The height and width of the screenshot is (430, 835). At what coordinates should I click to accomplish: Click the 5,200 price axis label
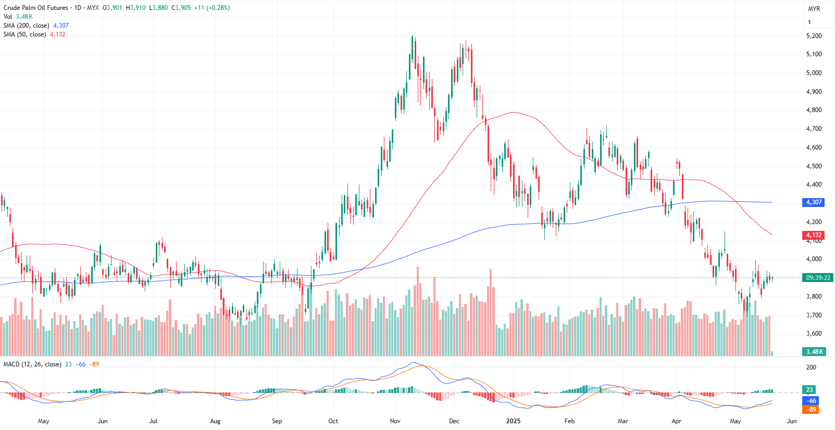(x=814, y=36)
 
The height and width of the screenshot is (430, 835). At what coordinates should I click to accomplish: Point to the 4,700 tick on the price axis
(x=814, y=129)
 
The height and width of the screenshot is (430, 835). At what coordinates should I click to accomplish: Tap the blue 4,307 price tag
(x=814, y=202)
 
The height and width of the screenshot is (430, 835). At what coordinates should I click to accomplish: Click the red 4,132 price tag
(x=814, y=235)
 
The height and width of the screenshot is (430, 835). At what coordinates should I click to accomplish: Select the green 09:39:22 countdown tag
(x=818, y=278)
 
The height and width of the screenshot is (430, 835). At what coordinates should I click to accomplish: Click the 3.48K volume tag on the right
(x=815, y=352)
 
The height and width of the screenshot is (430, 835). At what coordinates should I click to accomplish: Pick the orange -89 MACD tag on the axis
(x=812, y=410)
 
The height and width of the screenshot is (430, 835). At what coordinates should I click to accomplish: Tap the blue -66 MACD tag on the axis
(x=812, y=401)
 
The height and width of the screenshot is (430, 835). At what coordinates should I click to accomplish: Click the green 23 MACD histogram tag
(x=809, y=390)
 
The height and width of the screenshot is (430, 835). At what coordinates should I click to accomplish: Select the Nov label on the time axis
(x=395, y=421)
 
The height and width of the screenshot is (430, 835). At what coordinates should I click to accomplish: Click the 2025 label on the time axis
(x=514, y=421)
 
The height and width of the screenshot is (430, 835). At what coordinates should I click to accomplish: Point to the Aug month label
(x=215, y=421)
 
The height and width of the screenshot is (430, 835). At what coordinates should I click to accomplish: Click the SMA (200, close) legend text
(x=27, y=26)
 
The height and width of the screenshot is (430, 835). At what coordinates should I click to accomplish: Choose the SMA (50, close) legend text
(x=24, y=34)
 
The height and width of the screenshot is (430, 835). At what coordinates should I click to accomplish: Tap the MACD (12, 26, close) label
(x=32, y=364)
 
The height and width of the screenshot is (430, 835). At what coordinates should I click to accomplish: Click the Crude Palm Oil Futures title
(x=36, y=8)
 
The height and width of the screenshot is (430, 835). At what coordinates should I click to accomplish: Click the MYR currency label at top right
(x=814, y=9)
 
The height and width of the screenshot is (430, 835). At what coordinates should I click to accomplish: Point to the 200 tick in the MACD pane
(x=811, y=367)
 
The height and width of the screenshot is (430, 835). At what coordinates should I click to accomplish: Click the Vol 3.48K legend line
(x=18, y=17)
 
